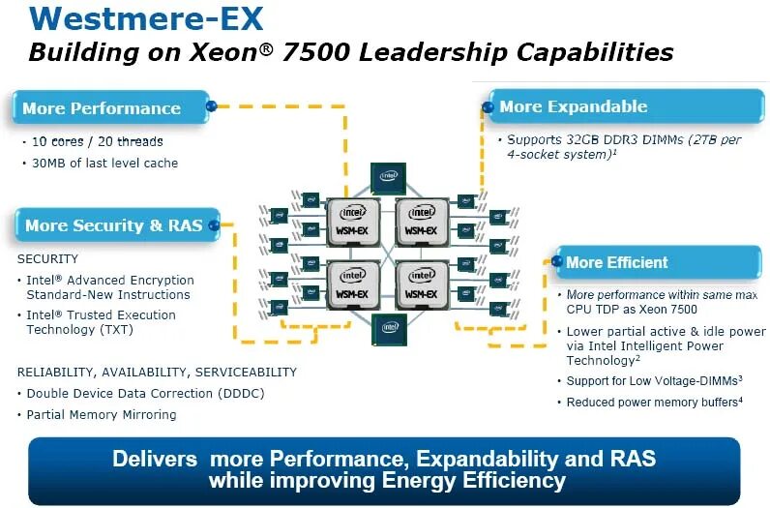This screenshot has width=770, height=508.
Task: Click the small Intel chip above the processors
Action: coord(387,177)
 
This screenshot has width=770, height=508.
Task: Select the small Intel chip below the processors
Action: coord(389,328)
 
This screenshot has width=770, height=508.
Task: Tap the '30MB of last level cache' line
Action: coord(104,164)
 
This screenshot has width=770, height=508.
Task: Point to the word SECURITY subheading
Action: coord(48,259)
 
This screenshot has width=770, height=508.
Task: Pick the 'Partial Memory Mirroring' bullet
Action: coord(102,415)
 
